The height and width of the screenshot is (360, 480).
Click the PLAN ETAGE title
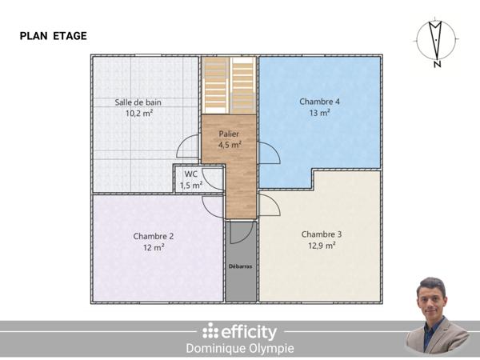(x=54, y=36)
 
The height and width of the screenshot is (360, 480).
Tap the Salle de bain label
(x=139, y=102)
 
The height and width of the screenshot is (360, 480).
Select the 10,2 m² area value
(x=139, y=114)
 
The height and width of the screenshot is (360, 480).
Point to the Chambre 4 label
(x=320, y=102)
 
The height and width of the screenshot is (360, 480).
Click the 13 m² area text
(x=320, y=114)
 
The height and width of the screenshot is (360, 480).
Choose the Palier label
(x=230, y=134)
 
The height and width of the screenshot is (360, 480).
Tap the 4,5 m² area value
(x=230, y=145)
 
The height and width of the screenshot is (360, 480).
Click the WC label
(x=190, y=174)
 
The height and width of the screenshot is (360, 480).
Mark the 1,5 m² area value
(x=190, y=186)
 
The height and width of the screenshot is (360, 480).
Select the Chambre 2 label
(x=154, y=236)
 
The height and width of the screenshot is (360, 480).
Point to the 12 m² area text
(x=154, y=248)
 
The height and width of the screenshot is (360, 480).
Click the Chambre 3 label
(x=322, y=234)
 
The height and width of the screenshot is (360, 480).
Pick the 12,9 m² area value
(x=322, y=246)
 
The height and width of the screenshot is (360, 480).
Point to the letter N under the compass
(x=437, y=66)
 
